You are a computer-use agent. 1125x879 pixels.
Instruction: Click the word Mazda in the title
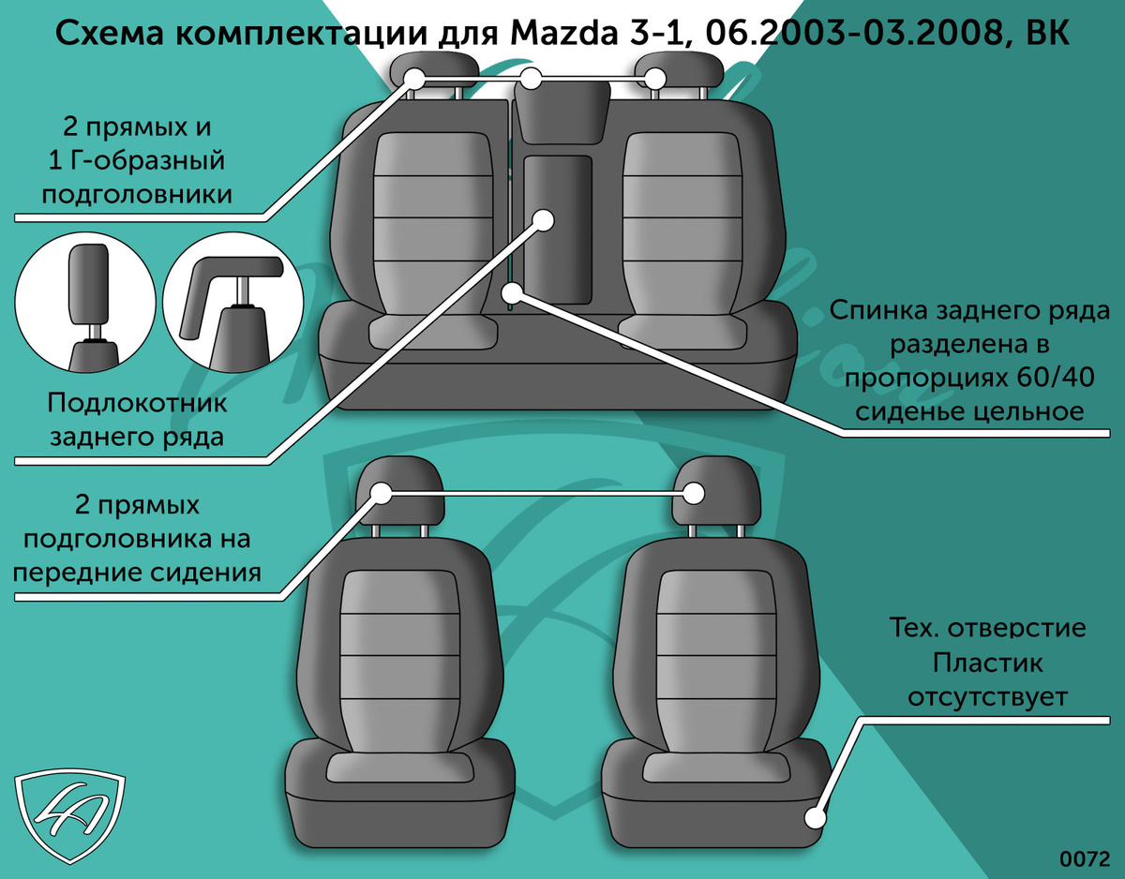point(563,33)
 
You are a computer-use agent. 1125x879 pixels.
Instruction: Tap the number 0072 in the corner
point(1085,858)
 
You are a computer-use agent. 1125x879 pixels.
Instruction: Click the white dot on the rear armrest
point(544,220)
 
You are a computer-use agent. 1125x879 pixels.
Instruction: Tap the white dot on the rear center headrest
point(532,79)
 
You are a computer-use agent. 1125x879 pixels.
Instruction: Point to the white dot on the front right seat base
point(816,818)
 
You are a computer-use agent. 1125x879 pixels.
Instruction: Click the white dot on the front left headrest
point(382,493)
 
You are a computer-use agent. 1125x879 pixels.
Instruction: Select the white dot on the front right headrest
point(694,493)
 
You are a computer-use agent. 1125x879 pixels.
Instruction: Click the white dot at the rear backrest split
point(513,293)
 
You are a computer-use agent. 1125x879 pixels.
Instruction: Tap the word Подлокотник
point(137,403)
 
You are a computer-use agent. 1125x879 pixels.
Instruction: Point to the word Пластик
point(988,663)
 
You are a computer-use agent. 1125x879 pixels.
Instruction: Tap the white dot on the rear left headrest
point(414,79)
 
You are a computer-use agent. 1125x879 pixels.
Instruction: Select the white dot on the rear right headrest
point(655,79)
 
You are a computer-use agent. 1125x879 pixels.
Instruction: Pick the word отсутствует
point(988,696)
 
